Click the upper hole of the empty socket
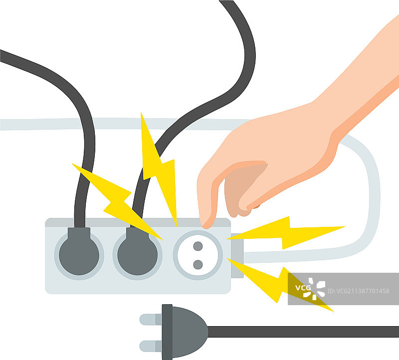click(x=198, y=246)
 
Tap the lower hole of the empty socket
click(x=198, y=265)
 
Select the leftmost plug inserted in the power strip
click(x=79, y=252)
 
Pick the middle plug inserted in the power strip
click(x=138, y=252)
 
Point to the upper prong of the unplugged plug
click(x=151, y=319)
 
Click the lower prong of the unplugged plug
click(x=151, y=346)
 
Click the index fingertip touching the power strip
click(x=206, y=222)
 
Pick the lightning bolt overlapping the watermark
click(x=280, y=285)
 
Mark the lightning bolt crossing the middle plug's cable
click(x=118, y=201)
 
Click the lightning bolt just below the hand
click(x=285, y=232)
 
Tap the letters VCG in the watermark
click(x=303, y=288)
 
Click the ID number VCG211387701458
click(x=358, y=291)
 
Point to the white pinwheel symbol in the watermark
click(x=314, y=289)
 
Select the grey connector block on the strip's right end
click(x=237, y=255)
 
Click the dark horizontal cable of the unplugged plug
click(x=303, y=332)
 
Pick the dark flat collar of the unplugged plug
click(x=167, y=332)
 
